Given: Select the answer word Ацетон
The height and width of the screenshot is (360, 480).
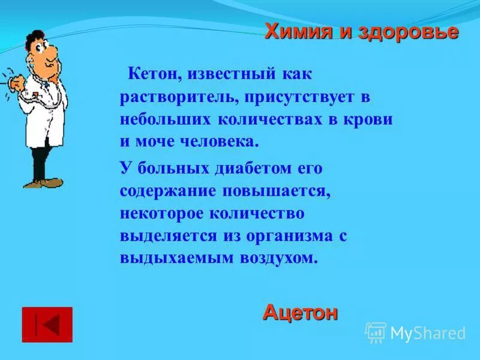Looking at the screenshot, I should pos(300,313).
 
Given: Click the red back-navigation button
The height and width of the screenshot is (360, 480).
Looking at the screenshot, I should pos(47,325).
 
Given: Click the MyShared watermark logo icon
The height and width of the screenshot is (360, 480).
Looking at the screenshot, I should pos(376,332).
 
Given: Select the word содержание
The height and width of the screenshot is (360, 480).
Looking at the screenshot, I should pos(159,191).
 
